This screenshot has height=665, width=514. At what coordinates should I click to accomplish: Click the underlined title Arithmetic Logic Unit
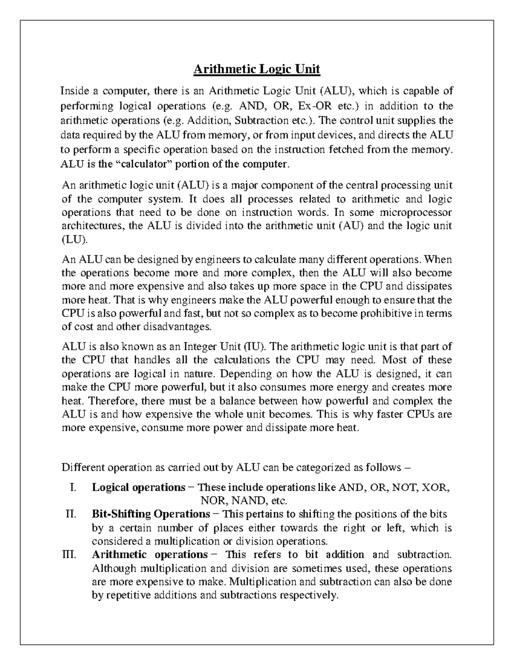click(x=257, y=69)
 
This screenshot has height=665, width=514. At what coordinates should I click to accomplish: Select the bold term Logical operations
click(x=138, y=487)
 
